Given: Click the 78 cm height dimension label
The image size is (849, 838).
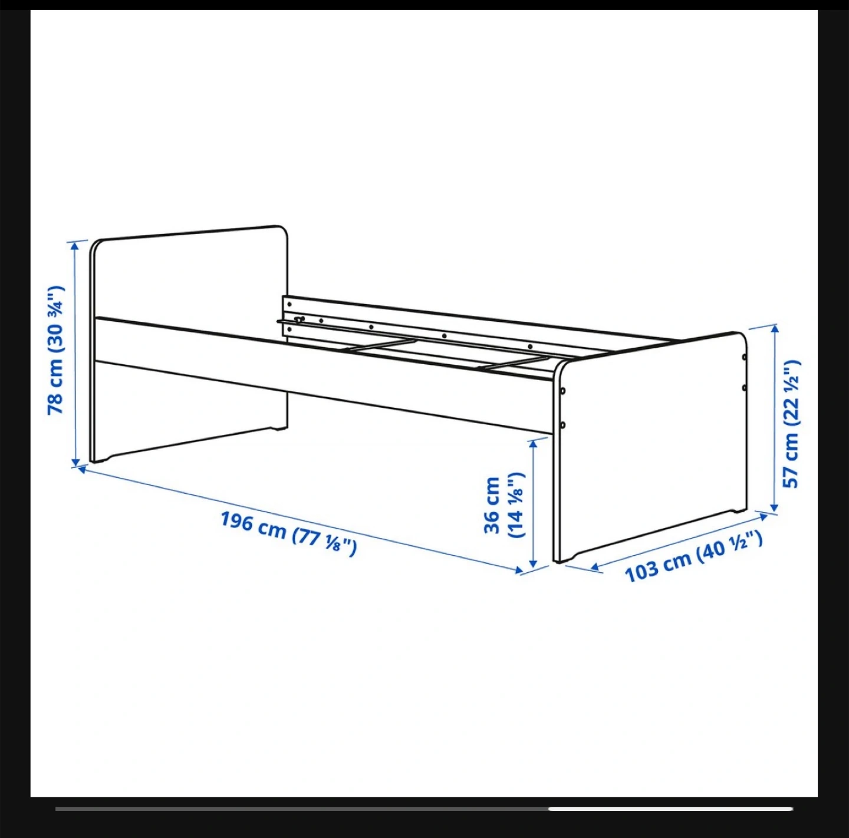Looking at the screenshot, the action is click(x=56, y=350).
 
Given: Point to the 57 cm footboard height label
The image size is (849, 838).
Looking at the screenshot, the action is click(x=791, y=424).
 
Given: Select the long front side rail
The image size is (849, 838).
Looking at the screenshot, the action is click(x=324, y=374).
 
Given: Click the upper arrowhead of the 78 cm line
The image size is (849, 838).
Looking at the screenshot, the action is click(x=75, y=245).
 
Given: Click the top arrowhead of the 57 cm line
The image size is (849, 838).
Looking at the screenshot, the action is click(x=775, y=329).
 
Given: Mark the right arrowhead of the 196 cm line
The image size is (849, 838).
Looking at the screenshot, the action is click(x=519, y=570).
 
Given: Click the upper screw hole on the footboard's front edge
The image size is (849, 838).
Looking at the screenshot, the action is click(x=562, y=390).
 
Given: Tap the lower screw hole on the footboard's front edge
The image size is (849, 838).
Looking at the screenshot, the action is click(x=562, y=425).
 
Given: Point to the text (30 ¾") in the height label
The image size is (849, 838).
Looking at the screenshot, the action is click(x=56, y=316).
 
